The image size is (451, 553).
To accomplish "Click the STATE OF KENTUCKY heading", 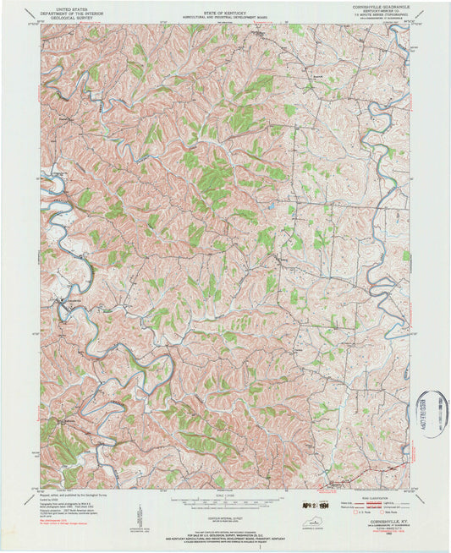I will (x=225, y=10).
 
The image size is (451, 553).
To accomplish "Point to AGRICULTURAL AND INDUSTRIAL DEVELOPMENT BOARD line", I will (x=225, y=14).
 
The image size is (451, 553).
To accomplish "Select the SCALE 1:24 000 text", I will (x=225, y=496).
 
